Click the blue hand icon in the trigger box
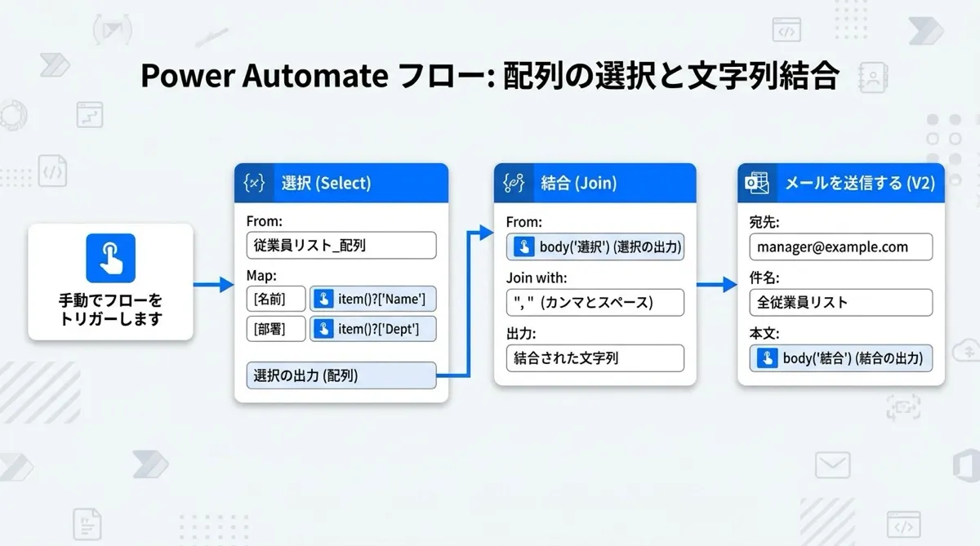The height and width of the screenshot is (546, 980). pyautogui.click(x=111, y=258)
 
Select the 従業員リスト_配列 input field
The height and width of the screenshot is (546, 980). pyautogui.click(x=341, y=245)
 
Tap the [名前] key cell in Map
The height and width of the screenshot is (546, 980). pyautogui.click(x=276, y=299)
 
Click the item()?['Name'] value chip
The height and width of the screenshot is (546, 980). pyautogui.click(x=372, y=299)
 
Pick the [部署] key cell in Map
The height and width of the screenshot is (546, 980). pyautogui.click(x=276, y=329)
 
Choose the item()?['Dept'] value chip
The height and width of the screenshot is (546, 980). pyautogui.click(x=372, y=329)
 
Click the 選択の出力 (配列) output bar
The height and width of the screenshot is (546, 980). pyautogui.click(x=341, y=375)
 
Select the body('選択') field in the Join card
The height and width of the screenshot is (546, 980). pyautogui.click(x=595, y=247)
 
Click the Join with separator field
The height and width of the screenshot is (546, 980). pyautogui.click(x=595, y=303)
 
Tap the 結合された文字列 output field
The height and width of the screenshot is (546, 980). pyautogui.click(x=595, y=358)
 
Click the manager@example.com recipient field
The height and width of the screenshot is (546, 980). pyautogui.click(x=841, y=247)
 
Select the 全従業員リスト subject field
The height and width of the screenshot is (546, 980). pyautogui.click(x=841, y=303)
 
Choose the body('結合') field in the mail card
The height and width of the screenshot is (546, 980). pyautogui.click(x=841, y=358)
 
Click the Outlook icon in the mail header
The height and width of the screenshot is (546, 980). pyautogui.click(x=757, y=183)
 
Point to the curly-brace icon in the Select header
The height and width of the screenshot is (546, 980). pyautogui.click(x=254, y=183)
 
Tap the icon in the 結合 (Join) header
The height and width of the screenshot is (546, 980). pyautogui.click(x=514, y=183)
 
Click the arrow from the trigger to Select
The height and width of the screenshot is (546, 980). pyautogui.click(x=213, y=285)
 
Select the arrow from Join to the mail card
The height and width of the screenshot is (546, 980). pyautogui.click(x=717, y=285)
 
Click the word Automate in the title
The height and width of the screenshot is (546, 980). pyautogui.click(x=315, y=76)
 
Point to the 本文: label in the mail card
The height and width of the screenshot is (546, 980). pyautogui.click(x=764, y=334)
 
